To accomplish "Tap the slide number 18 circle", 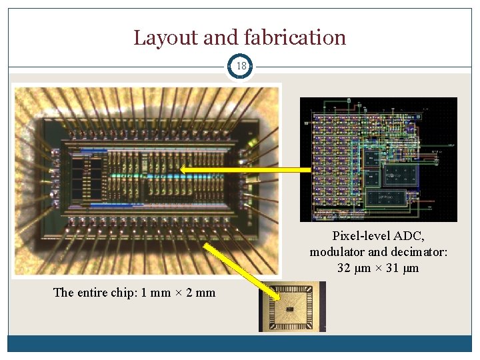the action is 240,66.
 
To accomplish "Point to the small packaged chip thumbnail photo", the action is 292,307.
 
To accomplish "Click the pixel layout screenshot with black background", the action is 378,159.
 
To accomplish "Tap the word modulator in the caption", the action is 337,252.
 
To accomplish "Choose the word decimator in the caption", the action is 418,252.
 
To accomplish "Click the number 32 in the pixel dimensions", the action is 345,268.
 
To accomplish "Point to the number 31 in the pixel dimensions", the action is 391,268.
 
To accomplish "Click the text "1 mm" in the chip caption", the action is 157,292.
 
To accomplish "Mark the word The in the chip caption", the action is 63,292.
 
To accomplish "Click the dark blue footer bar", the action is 240,343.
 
